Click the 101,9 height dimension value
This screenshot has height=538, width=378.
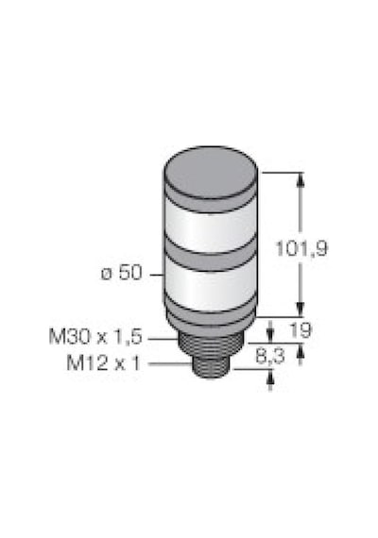point(302,248)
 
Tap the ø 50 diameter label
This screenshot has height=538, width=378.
point(121,273)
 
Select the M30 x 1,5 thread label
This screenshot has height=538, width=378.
point(95,337)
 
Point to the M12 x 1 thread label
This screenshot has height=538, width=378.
point(104,362)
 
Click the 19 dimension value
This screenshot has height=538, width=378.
point(301,330)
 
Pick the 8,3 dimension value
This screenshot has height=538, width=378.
point(270,357)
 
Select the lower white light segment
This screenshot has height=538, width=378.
point(211,287)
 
